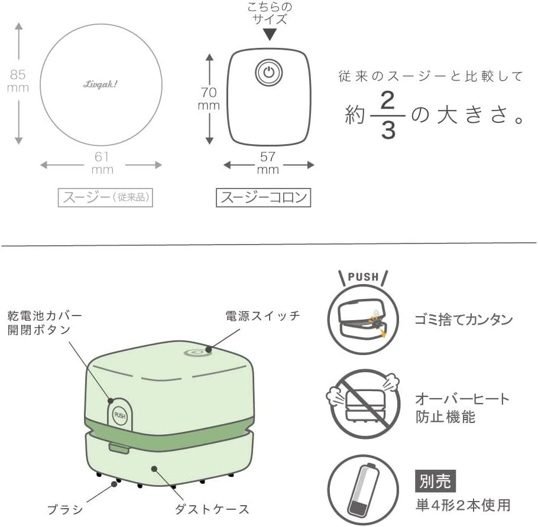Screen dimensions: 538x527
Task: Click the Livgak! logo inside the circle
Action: click(100, 84)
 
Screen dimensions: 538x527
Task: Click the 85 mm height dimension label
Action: click(18, 81)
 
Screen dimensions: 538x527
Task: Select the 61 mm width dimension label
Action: click(102, 163)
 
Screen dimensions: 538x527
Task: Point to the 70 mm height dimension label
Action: click(209, 99)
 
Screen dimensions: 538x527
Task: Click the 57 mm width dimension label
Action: click(268, 163)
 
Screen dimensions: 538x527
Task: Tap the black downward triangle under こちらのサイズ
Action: click(270, 34)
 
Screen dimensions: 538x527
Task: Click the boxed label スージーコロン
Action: click(263, 197)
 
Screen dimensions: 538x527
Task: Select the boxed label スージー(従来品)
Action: click(105, 197)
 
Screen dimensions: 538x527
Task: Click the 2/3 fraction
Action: click(388, 116)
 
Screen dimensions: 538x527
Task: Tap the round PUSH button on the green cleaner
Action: click(120, 415)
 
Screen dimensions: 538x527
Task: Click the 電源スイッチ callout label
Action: click(262, 316)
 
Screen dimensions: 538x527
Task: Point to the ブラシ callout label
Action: click(65, 509)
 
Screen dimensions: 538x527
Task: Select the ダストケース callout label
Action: click(212, 509)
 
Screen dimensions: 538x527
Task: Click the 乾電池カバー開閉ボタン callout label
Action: click(44, 323)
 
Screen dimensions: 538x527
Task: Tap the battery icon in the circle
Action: click(364, 490)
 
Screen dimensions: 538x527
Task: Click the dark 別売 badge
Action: click(435, 481)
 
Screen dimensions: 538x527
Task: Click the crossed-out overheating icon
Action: click(363, 403)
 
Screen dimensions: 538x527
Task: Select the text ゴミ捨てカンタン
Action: click(464, 320)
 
